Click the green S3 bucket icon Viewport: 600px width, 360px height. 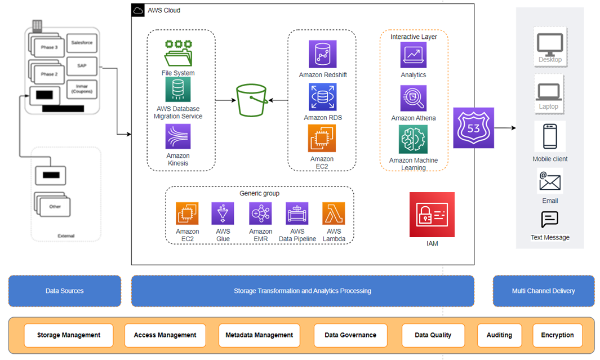coord(251,101)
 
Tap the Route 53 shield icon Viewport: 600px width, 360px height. coord(473,128)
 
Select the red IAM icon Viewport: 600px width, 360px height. coord(432,215)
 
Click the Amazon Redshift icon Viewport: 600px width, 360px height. coord(322,55)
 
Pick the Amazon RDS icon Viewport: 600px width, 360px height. coord(322,97)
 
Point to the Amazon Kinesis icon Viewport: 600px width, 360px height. coord(178,137)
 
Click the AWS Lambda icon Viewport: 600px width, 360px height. coord(334,214)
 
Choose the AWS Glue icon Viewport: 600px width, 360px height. coord(223,214)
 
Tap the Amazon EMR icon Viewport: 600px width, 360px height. coord(260,214)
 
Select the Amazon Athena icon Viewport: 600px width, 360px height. coord(413,99)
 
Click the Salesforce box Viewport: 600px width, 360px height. coord(82,43)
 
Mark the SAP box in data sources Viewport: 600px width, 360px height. coord(82,66)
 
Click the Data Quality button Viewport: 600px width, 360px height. coord(433,335)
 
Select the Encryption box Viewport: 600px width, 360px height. coord(557,335)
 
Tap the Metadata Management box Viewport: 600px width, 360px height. coord(259,335)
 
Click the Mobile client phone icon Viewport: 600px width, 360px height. coord(550,137)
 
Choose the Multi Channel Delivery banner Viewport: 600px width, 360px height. coord(543,291)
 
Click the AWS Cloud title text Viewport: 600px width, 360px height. coord(164,10)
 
